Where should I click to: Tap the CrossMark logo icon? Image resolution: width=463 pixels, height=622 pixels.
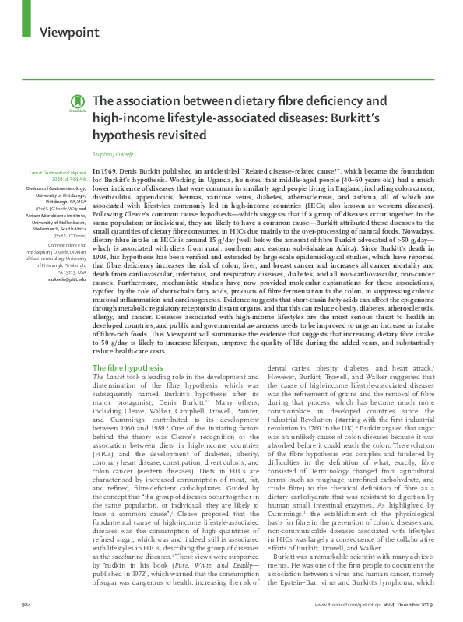[76, 104]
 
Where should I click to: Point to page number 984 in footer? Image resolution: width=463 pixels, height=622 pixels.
[27, 604]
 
